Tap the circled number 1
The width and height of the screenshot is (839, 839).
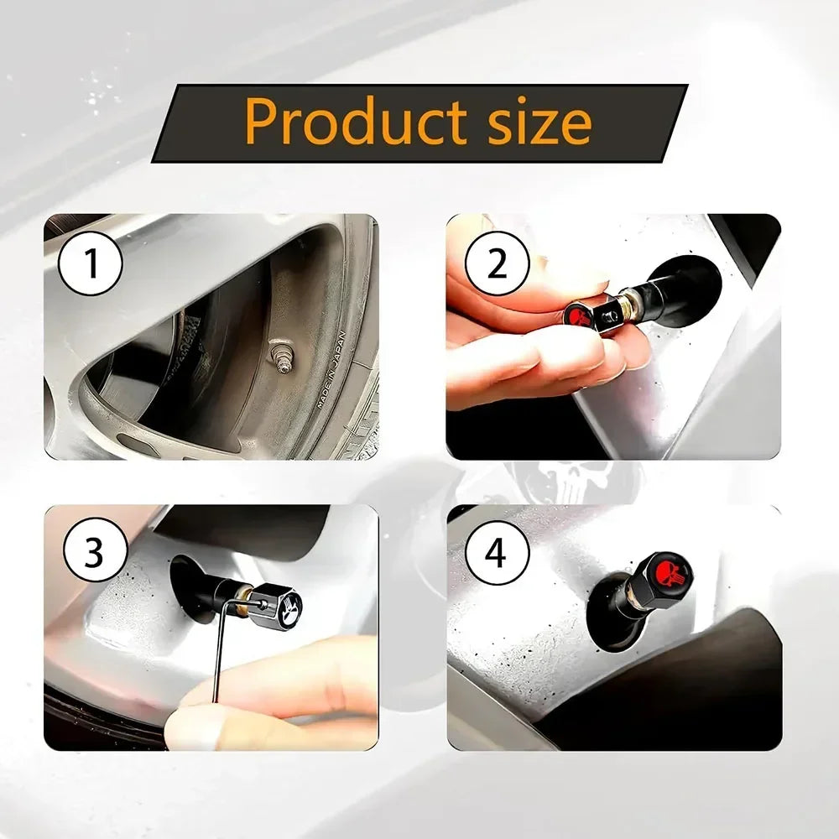[90, 264]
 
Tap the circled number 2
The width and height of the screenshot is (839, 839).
[498, 264]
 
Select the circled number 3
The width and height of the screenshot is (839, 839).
[93, 555]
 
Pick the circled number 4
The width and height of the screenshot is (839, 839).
[497, 555]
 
